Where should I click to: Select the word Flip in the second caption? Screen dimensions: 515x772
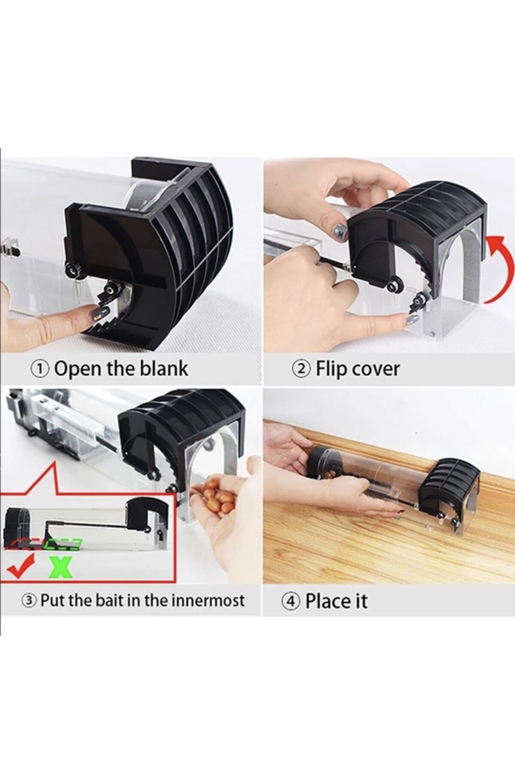329,369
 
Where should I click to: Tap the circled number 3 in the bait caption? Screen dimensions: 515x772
30,600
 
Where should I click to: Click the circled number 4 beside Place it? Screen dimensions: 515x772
291,601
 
